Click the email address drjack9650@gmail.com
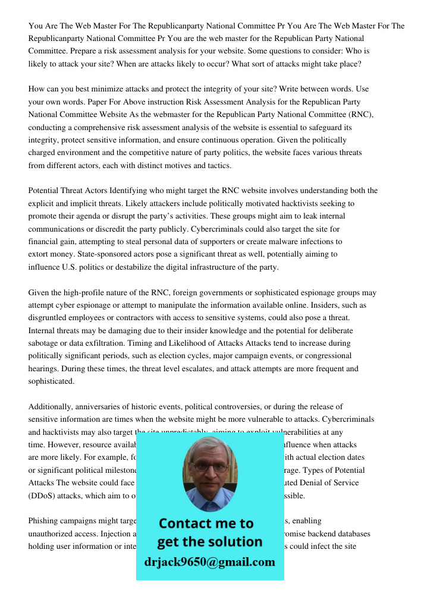pyautogui.click(x=209, y=562)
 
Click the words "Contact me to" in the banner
pyautogui.click(x=206, y=523)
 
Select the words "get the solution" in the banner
pyautogui.click(x=209, y=542)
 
